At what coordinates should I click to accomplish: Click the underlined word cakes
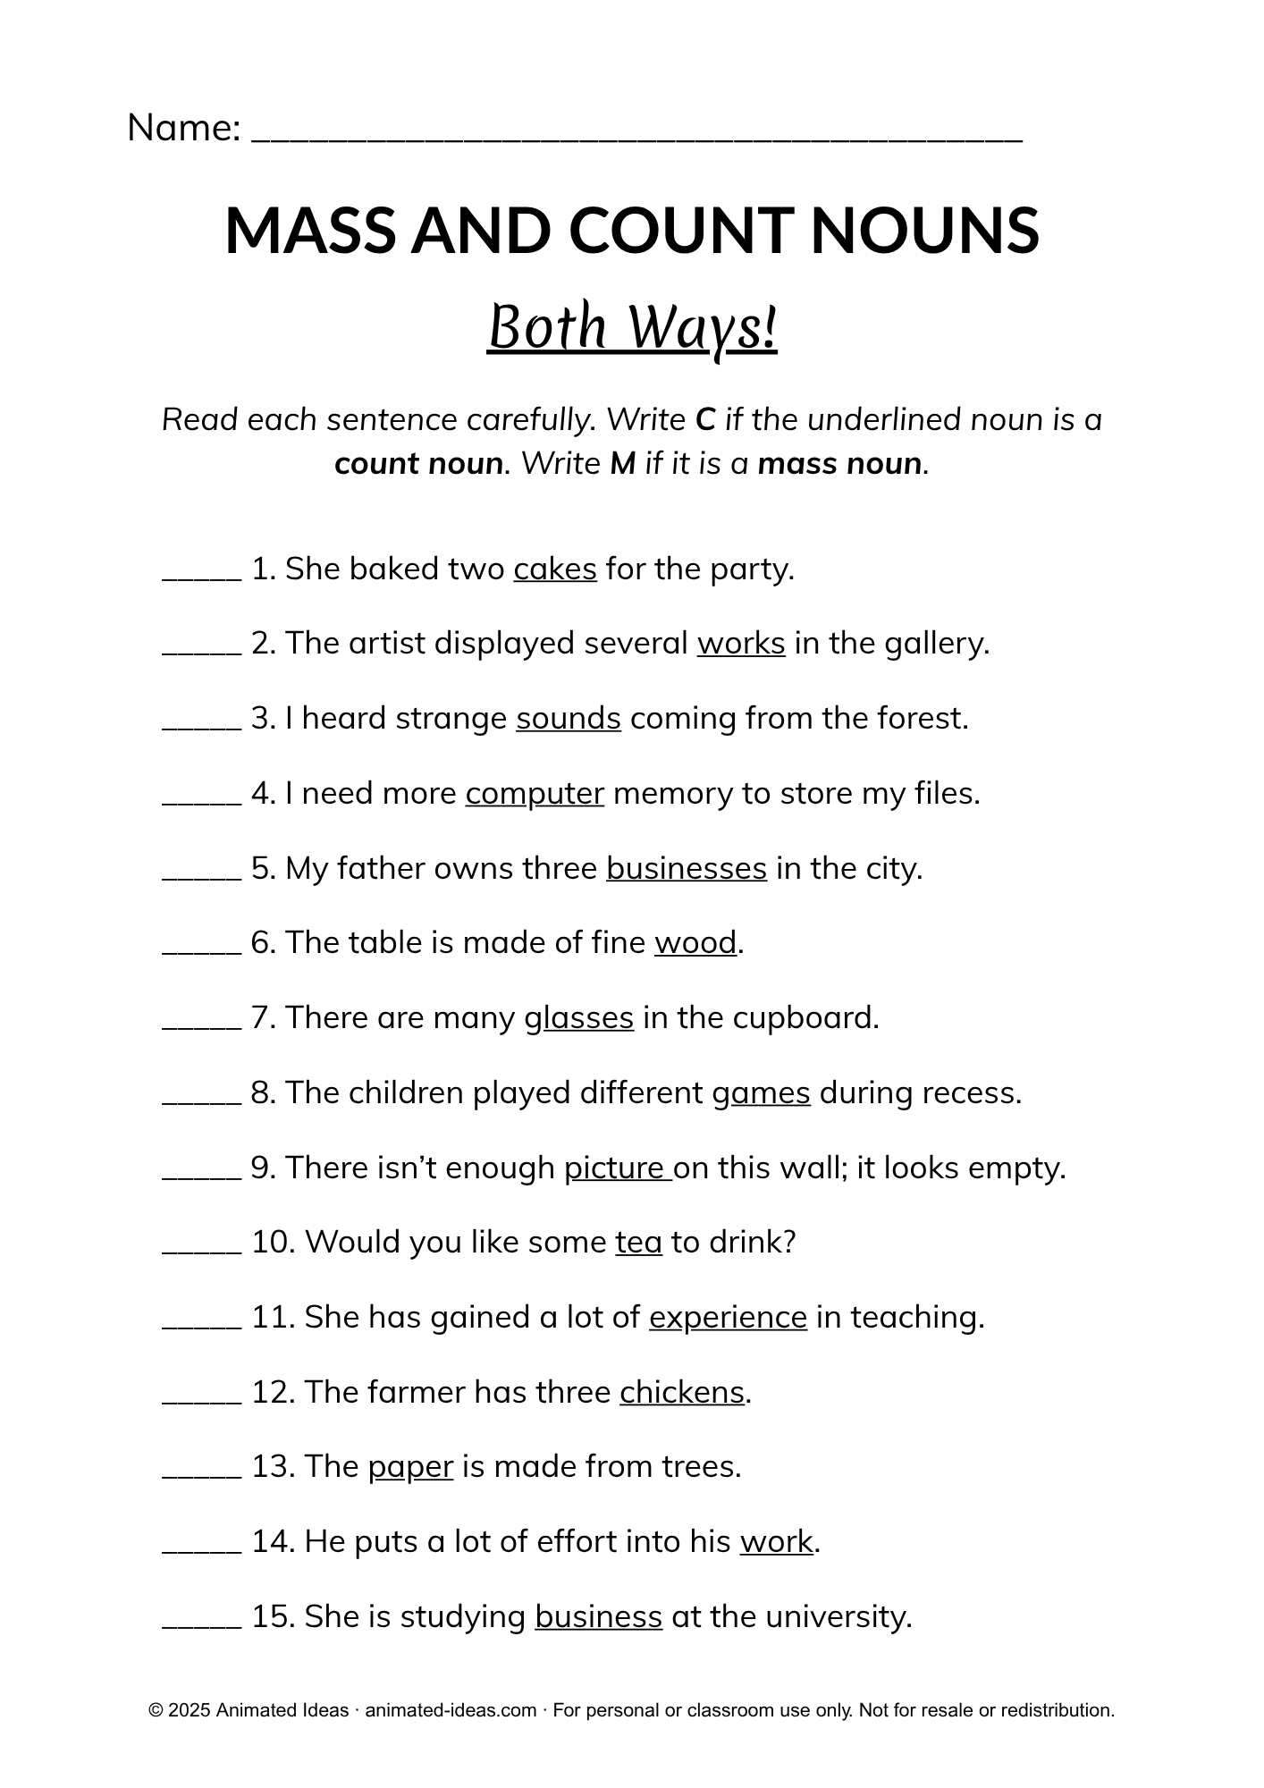tap(554, 569)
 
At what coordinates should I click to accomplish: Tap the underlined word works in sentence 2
tap(741, 644)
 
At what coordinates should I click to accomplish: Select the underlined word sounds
tap(569, 719)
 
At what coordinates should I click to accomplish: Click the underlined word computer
tap(535, 794)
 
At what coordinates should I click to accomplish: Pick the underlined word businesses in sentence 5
tap(687, 869)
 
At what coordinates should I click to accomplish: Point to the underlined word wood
tap(695, 943)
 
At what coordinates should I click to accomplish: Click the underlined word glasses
tap(579, 1018)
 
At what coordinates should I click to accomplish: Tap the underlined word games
tap(761, 1093)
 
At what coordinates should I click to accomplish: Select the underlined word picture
tap(616, 1168)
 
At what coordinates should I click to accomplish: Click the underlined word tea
tap(638, 1243)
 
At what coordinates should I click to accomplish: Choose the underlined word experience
tap(728, 1318)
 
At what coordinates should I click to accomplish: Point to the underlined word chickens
tap(682, 1393)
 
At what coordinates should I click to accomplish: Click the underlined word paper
tap(410, 1468)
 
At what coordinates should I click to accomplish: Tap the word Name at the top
tap(184, 128)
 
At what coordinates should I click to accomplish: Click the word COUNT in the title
tap(679, 231)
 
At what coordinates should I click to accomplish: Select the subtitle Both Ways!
tap(632, 328)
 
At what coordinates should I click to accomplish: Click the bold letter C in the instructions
tap(705, 419)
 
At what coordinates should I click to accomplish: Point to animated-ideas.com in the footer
tap(451, 1710)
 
